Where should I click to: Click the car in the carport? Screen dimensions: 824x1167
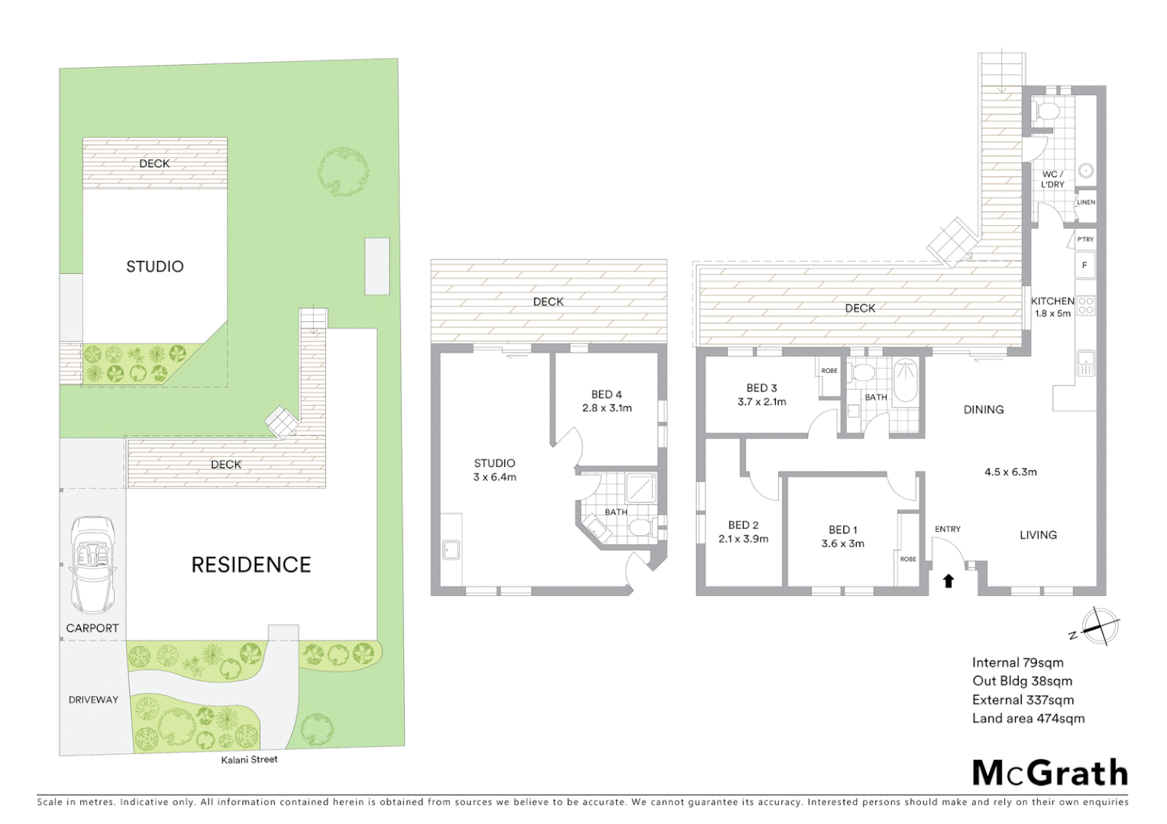(x=93, y=565)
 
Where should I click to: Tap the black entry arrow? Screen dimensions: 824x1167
(x=949, y=581)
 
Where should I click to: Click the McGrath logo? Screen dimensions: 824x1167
(x=1049, y=773)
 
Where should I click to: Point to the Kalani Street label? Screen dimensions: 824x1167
(x=250, y=760)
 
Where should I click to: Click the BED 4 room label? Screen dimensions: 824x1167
(x=606, y=394)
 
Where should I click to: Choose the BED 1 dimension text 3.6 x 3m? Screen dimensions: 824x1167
(x=842, y=544)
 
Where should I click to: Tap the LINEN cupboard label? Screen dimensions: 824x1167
(x=1085, y=202)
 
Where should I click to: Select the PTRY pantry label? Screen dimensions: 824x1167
(x=1085, y=239)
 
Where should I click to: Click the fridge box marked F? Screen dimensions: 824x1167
(x=1085, y=266)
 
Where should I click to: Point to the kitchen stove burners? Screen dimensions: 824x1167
(x=1085, y=306)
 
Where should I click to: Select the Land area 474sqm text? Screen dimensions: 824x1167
(x=1028, y=719)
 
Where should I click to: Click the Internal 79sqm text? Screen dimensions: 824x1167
(x=1017, y=663)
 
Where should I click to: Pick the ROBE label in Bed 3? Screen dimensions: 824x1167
(x=829, y=371)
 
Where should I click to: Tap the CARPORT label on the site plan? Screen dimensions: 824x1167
(x=92, y=629)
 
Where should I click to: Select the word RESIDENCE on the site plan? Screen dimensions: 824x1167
(x=251, y=565)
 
